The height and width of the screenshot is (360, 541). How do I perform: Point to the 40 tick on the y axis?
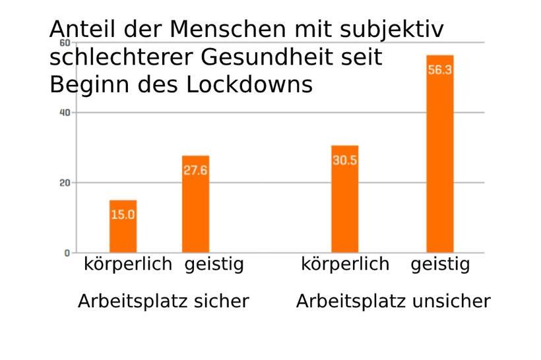(65, 113)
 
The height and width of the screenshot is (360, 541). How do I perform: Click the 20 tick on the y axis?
(65, 183)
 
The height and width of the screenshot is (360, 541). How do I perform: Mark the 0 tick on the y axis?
(67, 253)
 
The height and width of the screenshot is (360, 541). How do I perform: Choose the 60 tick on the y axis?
(65, 43)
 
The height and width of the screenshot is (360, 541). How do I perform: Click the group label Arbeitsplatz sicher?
(163, 301)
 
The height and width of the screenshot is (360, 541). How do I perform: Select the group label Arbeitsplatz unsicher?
(393, 301)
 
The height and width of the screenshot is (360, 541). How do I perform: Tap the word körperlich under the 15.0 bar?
(128, 264)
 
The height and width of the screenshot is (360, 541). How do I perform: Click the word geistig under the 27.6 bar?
(214, 265)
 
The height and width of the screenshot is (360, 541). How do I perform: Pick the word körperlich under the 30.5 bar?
(345, 264)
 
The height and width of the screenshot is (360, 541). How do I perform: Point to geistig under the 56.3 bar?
(440, 265)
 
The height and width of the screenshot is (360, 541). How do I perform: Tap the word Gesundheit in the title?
(272, 57)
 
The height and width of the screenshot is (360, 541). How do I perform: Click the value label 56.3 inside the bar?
(440, 71)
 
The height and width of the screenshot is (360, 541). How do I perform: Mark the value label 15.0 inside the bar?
(123, 214)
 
